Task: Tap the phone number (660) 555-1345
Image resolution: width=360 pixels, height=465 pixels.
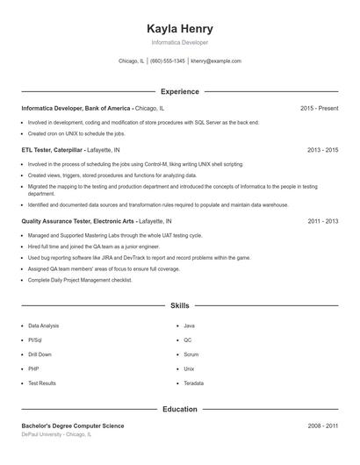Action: [167, 61]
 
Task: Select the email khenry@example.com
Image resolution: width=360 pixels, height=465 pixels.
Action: [216, 61]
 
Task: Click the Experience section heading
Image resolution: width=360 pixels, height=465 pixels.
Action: [180, 91]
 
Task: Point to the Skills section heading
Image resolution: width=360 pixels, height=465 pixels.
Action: [180, 305]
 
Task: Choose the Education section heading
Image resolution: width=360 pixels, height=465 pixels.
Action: [180, 409]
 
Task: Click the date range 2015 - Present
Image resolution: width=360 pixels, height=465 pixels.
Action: [319, 108]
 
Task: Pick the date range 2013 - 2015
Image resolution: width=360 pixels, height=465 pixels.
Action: [322, 150]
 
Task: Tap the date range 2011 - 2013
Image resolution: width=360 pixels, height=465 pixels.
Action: [322, 222]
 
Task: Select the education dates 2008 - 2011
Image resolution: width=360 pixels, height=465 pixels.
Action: [322, 426]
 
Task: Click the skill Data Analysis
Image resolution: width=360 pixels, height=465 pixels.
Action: [44, 325]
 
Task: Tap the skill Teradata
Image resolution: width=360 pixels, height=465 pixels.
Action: [194, 383]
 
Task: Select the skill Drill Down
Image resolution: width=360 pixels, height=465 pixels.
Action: [40, 354]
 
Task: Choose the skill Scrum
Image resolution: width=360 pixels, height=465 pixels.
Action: [191, 354]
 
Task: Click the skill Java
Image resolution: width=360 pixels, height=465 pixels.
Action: [189, 325]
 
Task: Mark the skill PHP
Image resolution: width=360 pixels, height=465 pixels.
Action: [33, 369]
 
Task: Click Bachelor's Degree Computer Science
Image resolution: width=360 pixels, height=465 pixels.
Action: [73, 426]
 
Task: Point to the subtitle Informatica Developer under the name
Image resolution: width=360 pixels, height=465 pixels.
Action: [180, 42]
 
